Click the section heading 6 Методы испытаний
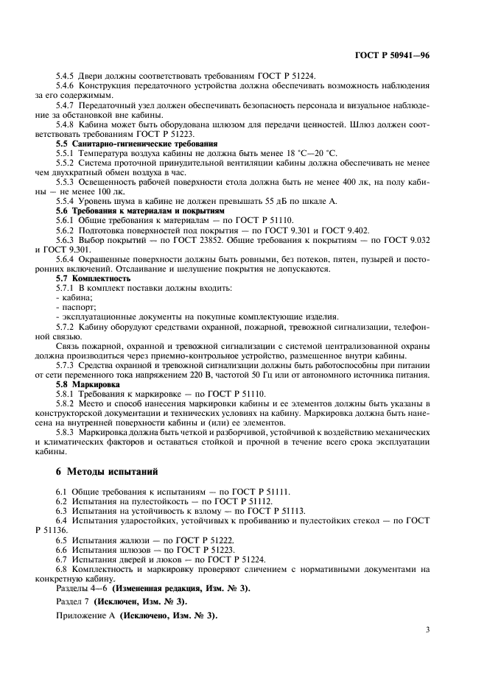[105, 470]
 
